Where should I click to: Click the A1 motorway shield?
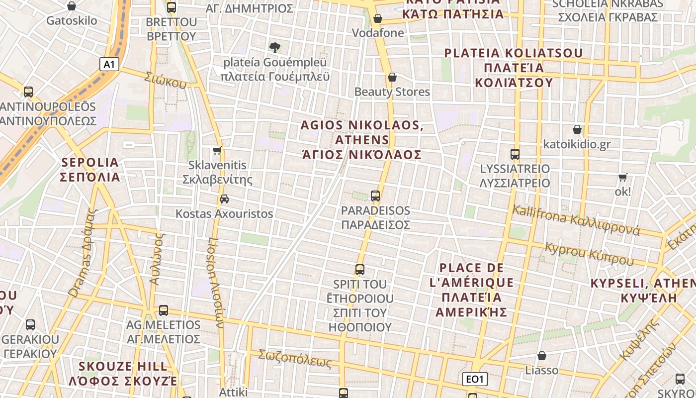(x=110, y=64)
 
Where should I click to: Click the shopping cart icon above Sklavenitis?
(x=217, y=150)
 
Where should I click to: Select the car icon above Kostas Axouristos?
(x=224, y=199)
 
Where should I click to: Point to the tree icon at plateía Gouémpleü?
(x=274, y=48)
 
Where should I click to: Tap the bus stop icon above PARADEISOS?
(x=375, y=196)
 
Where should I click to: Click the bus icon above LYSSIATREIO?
(x=515, y=154)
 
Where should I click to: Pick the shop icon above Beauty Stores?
(x=392, y=77)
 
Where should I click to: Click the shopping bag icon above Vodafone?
(x=378, y=18)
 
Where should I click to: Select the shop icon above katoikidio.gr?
(x=577, y=129)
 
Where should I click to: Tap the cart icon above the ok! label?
(x=622, y=177)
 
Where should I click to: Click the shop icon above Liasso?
(x=542, y=356)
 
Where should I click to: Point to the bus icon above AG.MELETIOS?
(x=164, y=310)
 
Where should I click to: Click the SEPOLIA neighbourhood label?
(x=90, y=170)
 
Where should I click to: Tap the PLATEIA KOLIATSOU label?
(x=514, y=68)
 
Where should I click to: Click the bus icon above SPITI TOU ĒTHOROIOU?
(x=360, y=270)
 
